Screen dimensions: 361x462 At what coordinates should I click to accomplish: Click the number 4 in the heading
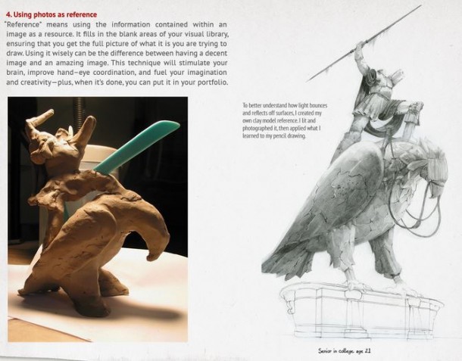(x=8, y=14)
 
